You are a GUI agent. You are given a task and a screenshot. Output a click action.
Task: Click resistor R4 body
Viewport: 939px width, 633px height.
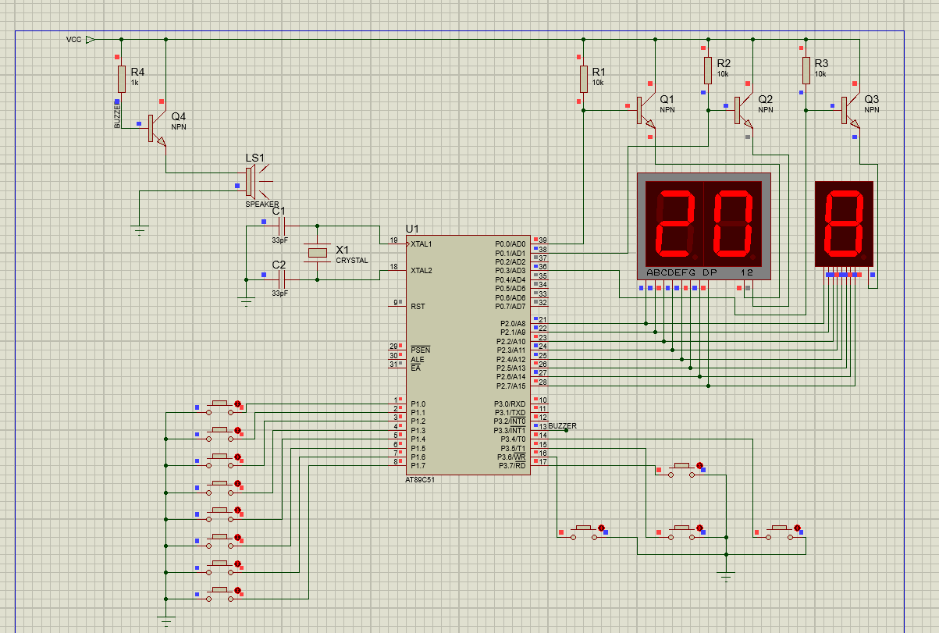pos(122,79)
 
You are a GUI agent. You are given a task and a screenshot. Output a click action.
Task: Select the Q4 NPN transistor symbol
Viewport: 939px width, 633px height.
pos(157,129)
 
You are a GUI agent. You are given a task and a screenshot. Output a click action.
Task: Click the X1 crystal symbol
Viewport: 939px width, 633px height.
pos(318,253)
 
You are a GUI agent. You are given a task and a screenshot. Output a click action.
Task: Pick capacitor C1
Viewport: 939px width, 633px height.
pos(282,226)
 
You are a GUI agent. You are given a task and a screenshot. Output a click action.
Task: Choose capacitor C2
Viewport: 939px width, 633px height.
pos(282,279)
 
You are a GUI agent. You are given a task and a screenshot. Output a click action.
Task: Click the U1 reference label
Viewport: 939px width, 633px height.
pos(412,229)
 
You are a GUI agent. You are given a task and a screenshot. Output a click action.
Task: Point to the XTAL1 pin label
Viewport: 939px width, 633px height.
pos(421,244)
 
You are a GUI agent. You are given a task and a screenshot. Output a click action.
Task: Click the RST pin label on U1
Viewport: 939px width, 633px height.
pos(418,307)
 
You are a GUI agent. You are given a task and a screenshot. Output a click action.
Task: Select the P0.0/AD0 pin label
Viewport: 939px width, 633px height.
pos(510,244)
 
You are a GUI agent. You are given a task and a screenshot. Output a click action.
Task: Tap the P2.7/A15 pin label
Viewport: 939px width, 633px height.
pos(511,386)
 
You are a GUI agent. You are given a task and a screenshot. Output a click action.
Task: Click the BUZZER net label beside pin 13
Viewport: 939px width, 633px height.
pos(562,426)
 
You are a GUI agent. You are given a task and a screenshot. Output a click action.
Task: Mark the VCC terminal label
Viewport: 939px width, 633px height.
pos(74,39)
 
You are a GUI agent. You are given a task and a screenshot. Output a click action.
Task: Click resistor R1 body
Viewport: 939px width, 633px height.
pos(584,79)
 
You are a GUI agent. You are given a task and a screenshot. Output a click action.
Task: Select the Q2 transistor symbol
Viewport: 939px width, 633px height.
pos(744,111)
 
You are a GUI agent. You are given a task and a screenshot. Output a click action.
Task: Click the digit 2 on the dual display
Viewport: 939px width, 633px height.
pos(674,223)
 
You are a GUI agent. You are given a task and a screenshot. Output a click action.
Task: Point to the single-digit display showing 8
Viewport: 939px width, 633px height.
pos(844,224)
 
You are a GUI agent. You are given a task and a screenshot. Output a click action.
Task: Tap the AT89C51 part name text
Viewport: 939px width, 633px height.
pos(420,480)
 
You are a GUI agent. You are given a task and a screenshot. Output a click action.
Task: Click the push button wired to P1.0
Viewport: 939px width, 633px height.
pos(219,407)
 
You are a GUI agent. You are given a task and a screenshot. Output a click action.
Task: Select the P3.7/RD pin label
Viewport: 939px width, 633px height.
pos(512,466)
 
